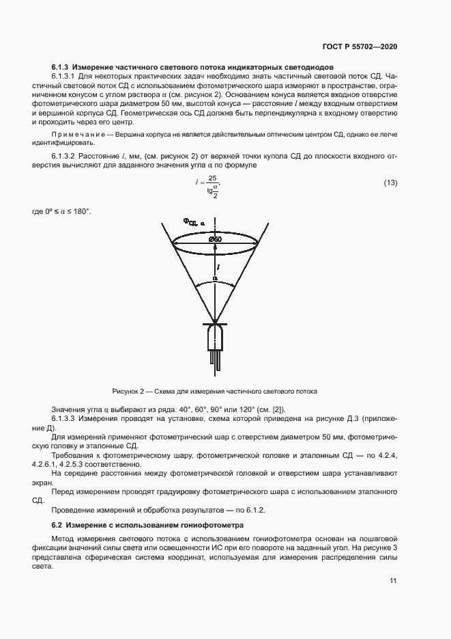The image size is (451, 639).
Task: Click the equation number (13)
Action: click(x=390, y=182)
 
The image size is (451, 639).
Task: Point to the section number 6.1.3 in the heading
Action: click(x=62, y=68)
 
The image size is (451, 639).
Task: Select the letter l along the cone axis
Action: click(x=217, y=267)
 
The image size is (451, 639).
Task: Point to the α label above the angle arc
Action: click(x=214, y=279)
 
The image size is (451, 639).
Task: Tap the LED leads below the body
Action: click(x=215, y=359)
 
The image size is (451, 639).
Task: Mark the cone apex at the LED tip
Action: click(x=215, y=321)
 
